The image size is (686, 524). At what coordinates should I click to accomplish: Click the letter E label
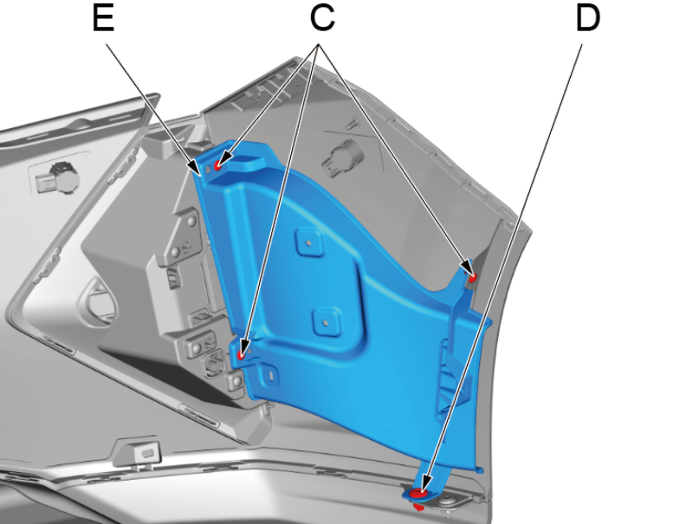click(x=104, y=18)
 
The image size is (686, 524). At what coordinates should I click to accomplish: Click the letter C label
click(x=322, y=18)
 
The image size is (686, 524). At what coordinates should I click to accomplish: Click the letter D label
click(x=588, y=18)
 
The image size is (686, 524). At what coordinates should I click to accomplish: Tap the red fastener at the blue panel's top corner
click(x=218, y=165)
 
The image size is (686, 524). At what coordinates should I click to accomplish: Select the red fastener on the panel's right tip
click(x=473, y=277)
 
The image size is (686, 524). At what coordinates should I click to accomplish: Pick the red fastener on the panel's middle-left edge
click(x=241, y=355)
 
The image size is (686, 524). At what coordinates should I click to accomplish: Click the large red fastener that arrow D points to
click(x=418, y=493)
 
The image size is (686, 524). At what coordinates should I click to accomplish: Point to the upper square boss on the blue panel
click(x=309, y=242)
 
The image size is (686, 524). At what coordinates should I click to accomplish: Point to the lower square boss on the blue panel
click(x=326, y=322)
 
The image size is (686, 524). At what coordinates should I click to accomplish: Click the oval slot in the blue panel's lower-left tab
click(x=270, y=375)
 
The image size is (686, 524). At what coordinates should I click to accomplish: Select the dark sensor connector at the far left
click(x=58, y=179)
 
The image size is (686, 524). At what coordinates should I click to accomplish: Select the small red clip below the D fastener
click(x=418, y=508)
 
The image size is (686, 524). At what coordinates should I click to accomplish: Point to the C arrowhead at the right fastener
click(x=467, y=266)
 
